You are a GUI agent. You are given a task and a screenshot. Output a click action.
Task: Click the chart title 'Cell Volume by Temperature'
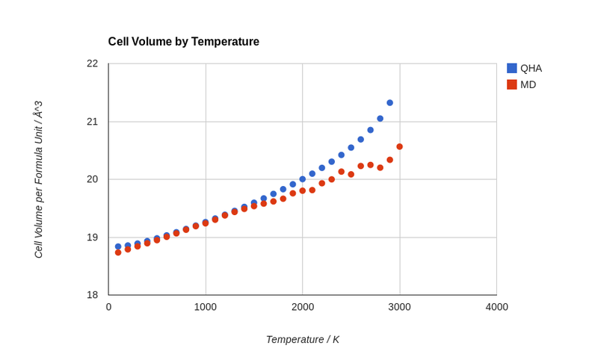point(183,42)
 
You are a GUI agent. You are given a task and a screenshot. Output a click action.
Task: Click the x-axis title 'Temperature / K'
point(302,339)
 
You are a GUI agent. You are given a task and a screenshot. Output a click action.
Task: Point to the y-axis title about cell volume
point(38,179)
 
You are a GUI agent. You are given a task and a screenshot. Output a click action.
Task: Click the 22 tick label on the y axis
point(92,63)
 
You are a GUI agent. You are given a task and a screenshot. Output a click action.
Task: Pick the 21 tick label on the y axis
point(92,122)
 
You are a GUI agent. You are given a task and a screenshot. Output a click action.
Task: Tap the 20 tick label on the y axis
point(92,179)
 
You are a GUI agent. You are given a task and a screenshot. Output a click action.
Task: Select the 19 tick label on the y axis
point(92,238)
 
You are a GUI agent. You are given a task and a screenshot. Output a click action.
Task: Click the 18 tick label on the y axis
point(92,295)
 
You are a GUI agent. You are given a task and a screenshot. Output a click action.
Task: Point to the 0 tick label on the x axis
point(108,307)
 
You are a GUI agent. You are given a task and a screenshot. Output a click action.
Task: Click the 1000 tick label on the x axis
point(206,307)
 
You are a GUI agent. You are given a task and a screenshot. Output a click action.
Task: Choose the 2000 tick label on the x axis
point(303,307)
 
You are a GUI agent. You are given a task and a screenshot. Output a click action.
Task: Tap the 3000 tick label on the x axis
point(399,307)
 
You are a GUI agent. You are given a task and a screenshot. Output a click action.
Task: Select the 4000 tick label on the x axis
point(496,307)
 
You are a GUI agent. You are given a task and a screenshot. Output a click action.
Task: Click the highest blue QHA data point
point(389,103)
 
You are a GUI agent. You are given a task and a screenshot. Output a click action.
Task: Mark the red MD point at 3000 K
point(399,146)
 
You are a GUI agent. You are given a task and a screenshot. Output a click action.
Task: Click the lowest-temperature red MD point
point(118,252)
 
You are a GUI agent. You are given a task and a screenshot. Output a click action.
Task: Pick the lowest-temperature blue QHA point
point(118,246)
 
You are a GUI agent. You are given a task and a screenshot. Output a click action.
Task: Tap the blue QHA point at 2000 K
point(303,179)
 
